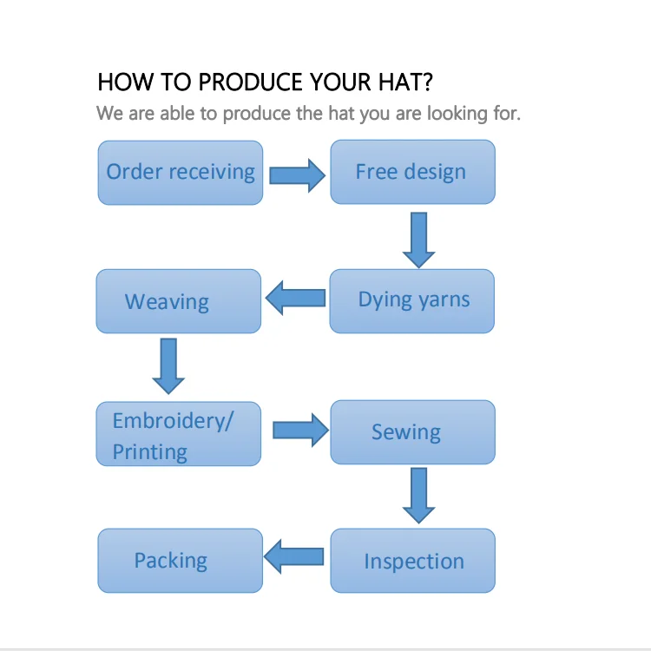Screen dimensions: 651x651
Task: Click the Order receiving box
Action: (x=180, y=173)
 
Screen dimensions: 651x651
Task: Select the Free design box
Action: (x=412, y=173)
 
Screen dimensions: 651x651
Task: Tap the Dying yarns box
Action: (x=412, y=301)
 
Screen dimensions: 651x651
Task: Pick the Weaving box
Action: (x=178, y=301)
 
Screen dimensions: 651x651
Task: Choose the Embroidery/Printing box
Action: (x=178, y=434)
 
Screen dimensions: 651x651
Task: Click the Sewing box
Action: (x=412, y=432)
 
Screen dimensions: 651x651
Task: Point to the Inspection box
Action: (x=412, y=562)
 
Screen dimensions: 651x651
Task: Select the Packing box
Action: (x=180, y=561)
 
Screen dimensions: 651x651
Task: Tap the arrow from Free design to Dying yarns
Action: (x=418, y=240)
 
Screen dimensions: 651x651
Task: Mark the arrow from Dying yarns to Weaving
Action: (x=295, y=299)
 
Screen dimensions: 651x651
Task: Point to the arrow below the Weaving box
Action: (x=168, y=366)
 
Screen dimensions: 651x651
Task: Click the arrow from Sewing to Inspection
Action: (x=418, y=496)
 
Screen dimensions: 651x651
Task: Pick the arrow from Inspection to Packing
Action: (x=295, y=556)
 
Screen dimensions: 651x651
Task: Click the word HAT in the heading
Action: (x=404, y=82)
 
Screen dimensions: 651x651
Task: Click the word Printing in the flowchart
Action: (x=149, y=452)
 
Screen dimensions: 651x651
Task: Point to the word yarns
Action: (x=444, y=300)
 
